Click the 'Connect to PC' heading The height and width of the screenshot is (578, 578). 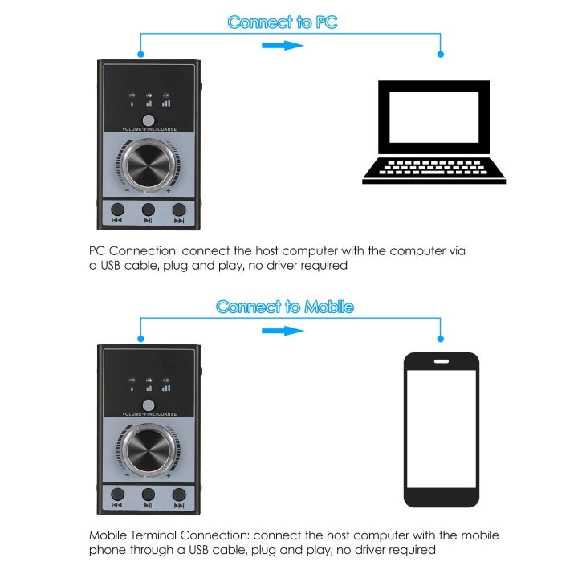click(283, 22)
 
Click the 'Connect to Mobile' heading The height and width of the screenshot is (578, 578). click(284, 307)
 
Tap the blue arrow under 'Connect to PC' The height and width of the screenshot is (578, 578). click(283, 45)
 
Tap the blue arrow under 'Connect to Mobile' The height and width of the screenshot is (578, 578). click(283, 330)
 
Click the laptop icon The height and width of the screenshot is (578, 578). click(433, 132)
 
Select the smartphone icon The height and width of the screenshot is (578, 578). click(441, 429)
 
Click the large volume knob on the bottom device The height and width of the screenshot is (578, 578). click(148, 448)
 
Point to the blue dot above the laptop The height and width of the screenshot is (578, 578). click(439, 55)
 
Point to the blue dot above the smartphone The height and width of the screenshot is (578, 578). click(439, 340)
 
